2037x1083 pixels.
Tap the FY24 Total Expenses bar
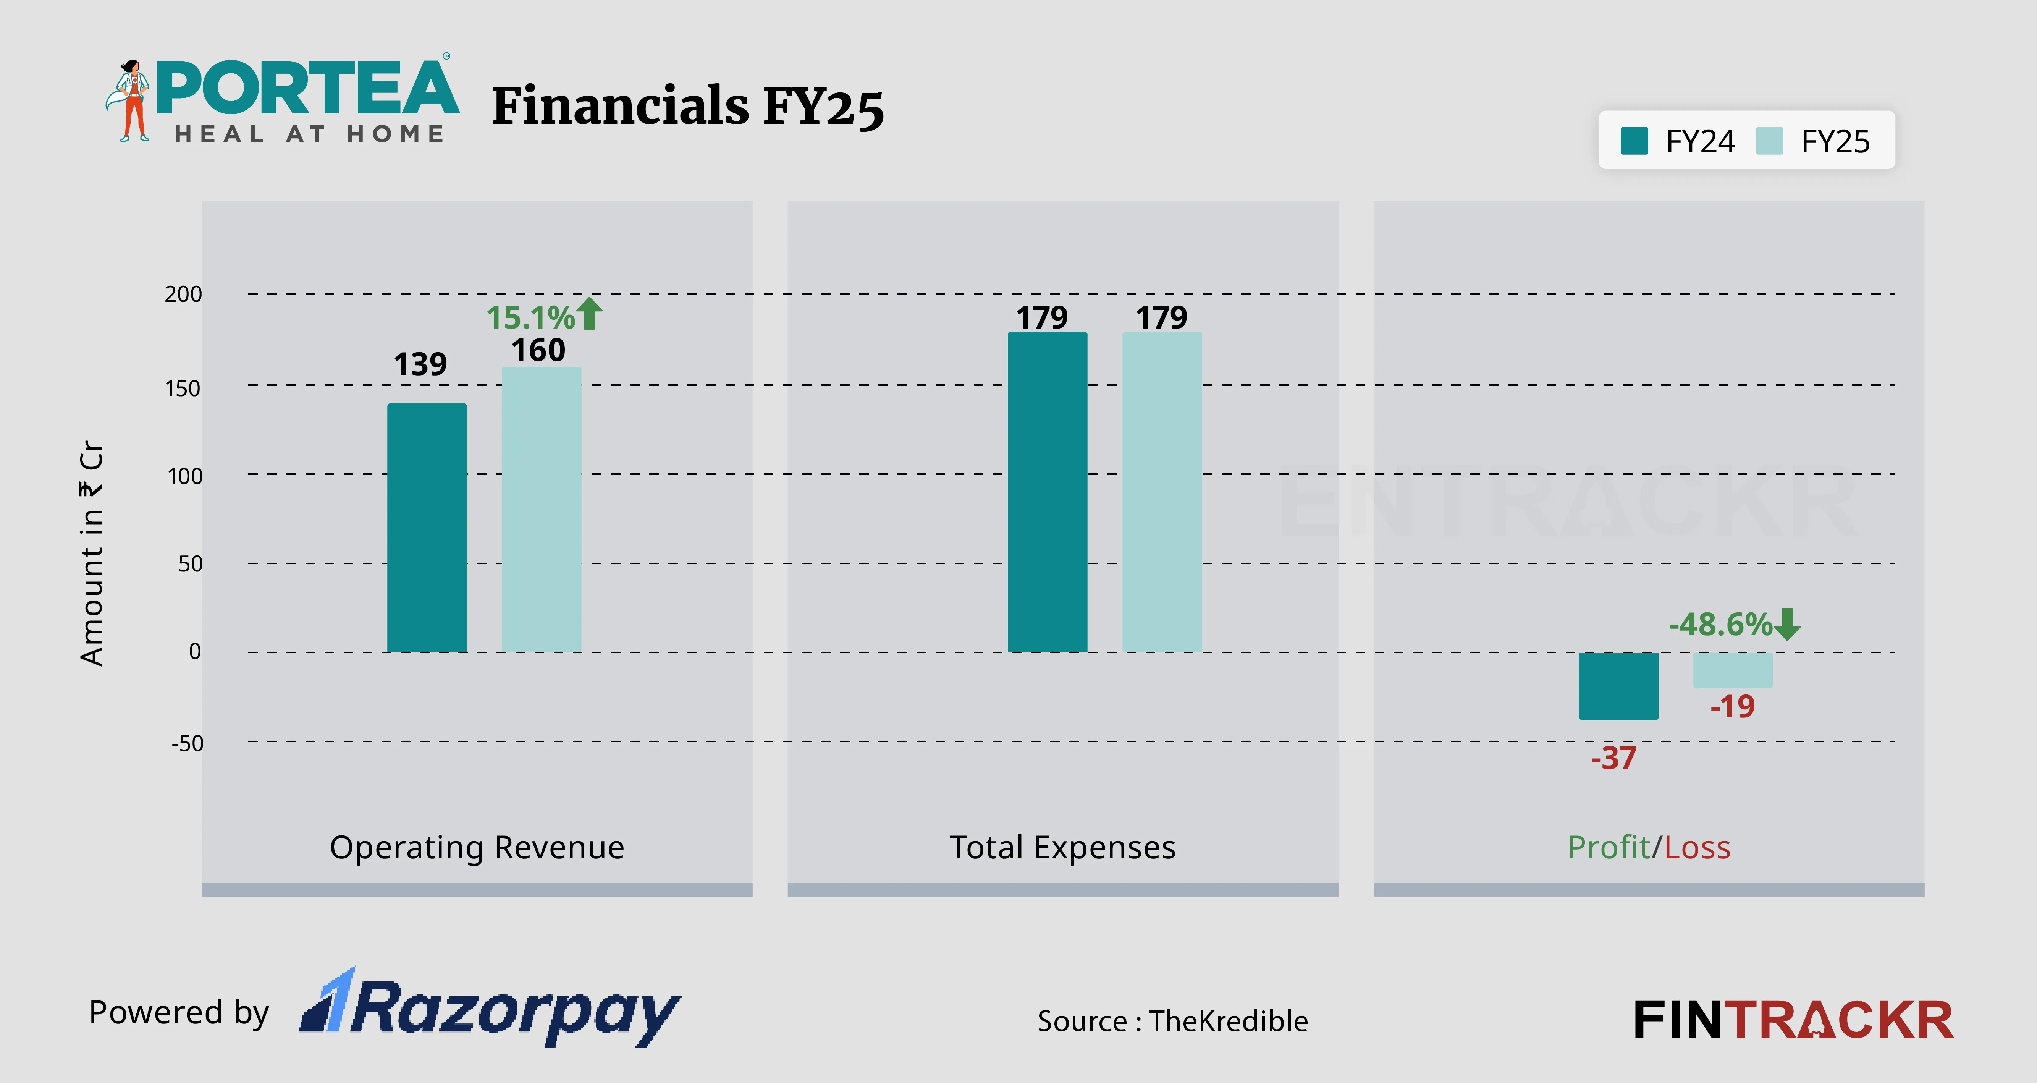click(x=1047, y=492)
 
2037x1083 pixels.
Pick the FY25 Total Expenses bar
click(x=1162, y=492)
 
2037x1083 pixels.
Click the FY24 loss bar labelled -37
click(x=1618, y=686)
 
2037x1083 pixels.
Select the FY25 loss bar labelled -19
click(x=1733, y=670)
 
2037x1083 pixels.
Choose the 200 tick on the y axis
click(x=183, y=294)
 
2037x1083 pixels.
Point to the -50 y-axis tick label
click(x=188, y=744)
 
